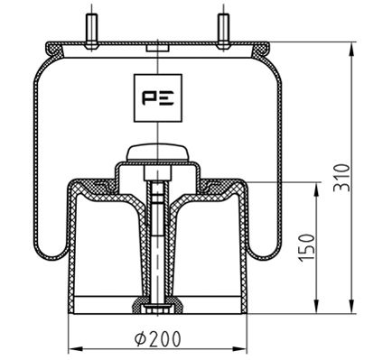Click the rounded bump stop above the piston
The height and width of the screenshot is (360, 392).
point(157,152)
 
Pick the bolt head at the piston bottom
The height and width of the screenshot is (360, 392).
point(157,309)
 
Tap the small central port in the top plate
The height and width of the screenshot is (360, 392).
point(157,45)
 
